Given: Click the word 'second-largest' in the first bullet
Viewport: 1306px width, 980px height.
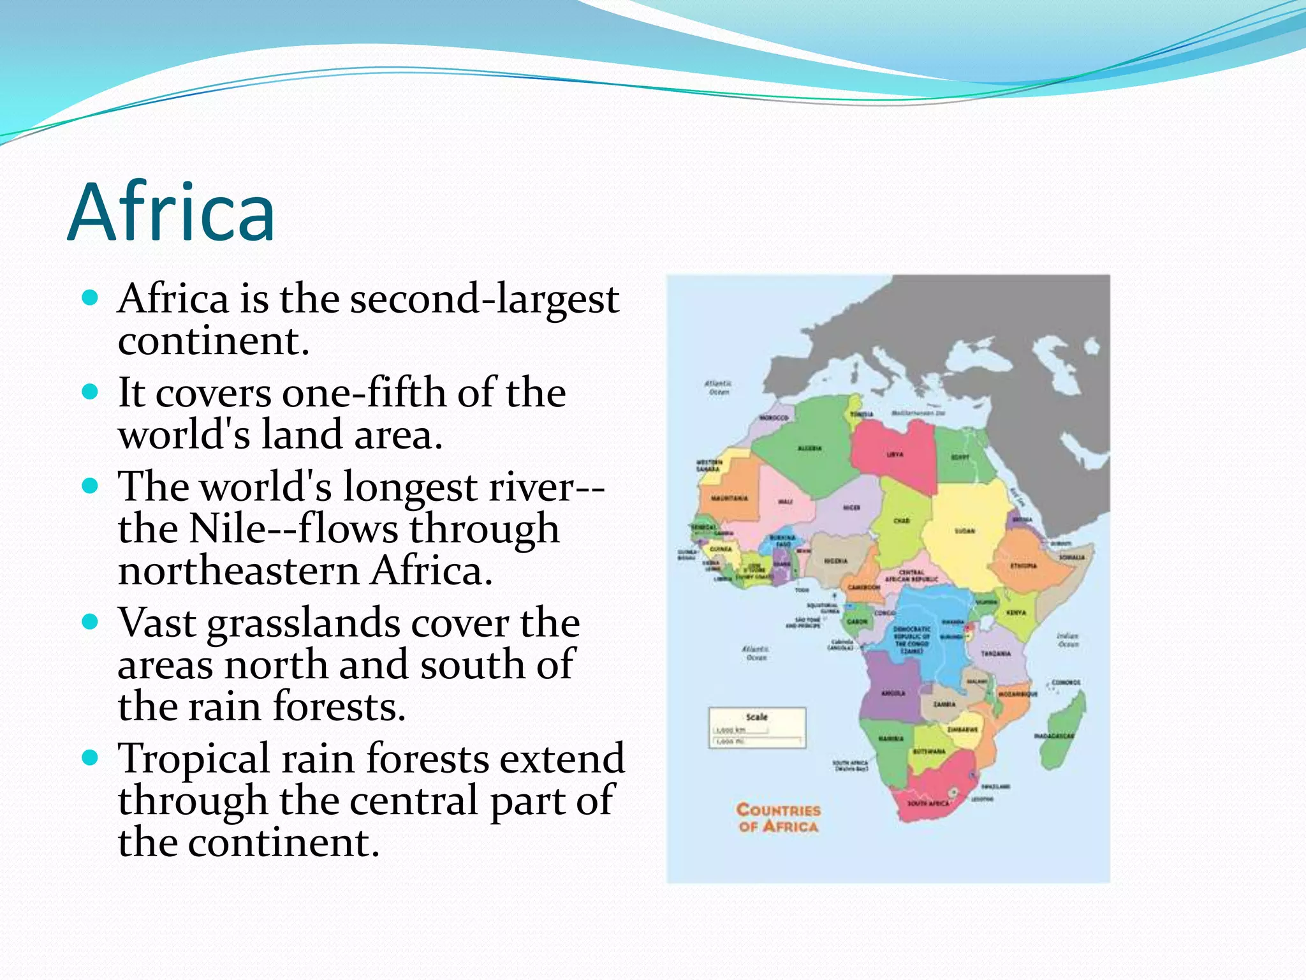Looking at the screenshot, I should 484,299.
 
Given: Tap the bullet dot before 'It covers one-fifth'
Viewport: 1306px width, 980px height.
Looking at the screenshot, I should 91,391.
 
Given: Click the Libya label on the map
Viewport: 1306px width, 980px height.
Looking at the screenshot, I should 895,455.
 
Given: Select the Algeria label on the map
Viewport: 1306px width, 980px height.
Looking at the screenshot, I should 810,449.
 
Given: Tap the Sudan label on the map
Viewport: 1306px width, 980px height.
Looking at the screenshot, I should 964,531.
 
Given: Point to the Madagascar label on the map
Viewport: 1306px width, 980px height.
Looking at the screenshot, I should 1053,736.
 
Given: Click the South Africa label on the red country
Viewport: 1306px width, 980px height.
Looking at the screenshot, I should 928,803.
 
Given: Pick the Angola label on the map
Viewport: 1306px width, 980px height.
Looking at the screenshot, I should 893,693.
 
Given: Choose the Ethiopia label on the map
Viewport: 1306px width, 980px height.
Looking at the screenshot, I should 1023,565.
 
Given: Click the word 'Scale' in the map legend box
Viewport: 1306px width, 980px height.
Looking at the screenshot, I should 757,717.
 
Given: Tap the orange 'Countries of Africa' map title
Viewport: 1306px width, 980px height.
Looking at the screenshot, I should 778,818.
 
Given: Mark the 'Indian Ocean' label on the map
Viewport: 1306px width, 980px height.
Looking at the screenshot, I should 1067,640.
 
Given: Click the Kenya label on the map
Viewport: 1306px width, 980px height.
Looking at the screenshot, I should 1016,612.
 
